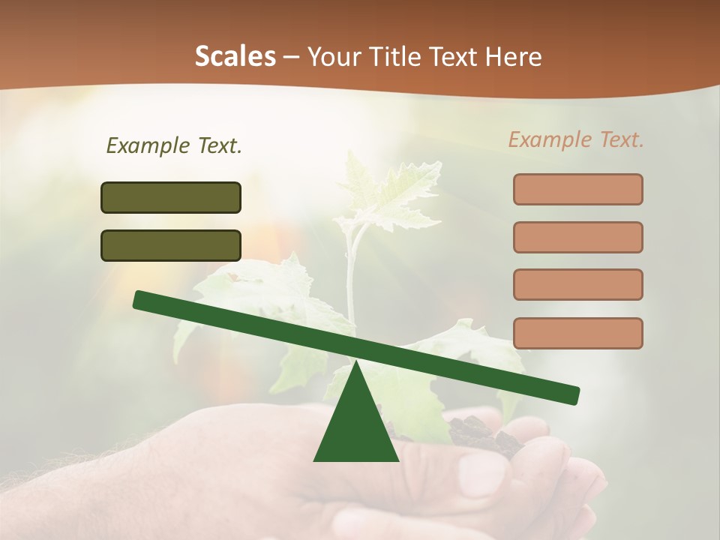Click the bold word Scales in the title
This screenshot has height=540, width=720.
(235, 56)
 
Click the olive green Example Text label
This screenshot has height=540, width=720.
(174, 145)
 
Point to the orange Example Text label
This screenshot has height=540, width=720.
(576, 139)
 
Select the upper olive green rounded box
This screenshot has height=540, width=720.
(171, 197)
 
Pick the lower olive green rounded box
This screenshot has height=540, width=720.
(171, 245)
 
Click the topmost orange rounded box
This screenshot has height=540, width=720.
(577, 189)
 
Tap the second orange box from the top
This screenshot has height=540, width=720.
(577, 237)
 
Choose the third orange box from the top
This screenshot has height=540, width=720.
(577, 285)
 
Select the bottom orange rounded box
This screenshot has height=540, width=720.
(577, 333)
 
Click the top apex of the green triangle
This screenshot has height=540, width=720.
(355, 363)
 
